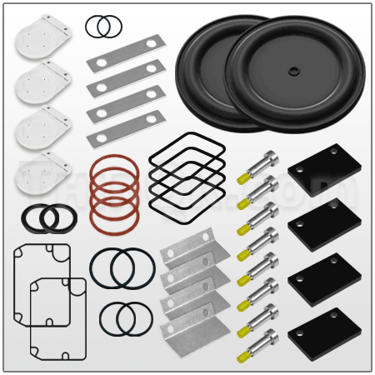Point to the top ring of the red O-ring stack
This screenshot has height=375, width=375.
point(116,167)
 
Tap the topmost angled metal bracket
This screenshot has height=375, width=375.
point(190,252)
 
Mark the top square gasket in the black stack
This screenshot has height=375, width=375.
point(187,149)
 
